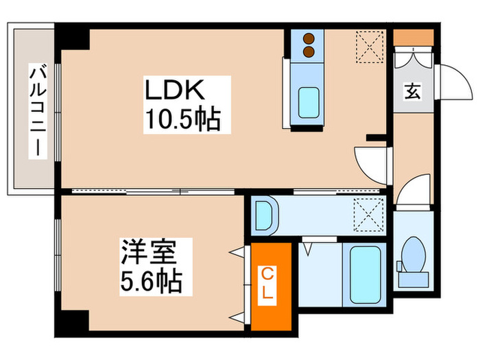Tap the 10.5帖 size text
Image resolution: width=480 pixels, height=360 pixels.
click(x=181, y=121)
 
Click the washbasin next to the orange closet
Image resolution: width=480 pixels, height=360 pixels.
click(x=263, y=214)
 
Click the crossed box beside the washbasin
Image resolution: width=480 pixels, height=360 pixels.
click(x=368, y=213)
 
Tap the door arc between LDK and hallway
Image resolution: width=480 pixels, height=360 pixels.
click(x=370, y=165)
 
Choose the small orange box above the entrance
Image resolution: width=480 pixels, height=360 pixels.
click(x=413, y=36)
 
